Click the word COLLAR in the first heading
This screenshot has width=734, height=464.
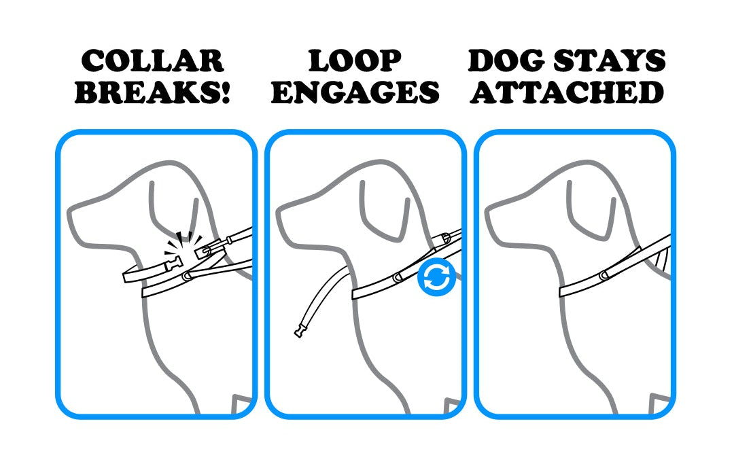pos(153,61)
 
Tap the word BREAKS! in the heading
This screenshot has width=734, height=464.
pos(153,92)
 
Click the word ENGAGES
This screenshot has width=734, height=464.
pos(355,92)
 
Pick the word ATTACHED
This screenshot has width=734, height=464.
pos(567,92)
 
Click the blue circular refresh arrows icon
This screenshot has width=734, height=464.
pos(436,276)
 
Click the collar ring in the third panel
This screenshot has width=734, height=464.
pos(604,276)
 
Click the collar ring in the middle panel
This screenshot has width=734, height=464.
pos(398,277)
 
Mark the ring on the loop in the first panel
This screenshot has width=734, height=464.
pos(188,276)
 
